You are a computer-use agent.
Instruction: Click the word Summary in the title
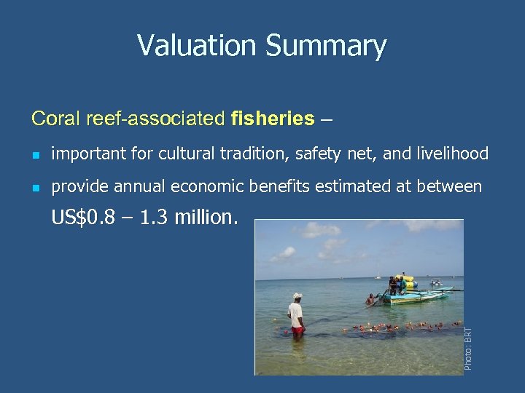click(325, 47)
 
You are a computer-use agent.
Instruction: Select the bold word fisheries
click(273, 118)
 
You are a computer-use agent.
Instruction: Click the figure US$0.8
click(83, 218)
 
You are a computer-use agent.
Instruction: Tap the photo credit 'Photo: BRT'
click(469, 348)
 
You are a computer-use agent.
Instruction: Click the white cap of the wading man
click(297, 296)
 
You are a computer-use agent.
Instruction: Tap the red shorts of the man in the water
click(297, 331)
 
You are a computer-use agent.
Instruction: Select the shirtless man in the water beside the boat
click(371, 299)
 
